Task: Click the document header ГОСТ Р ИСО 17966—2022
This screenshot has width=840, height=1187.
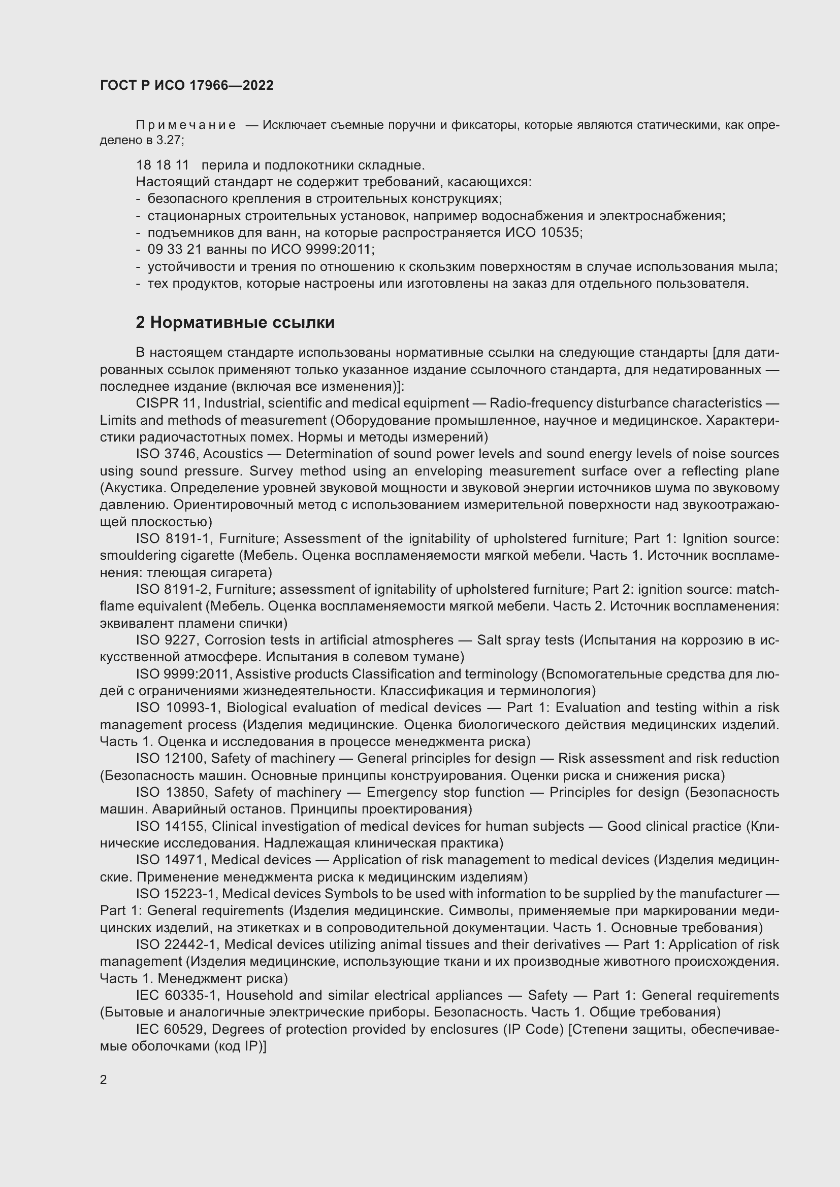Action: pyautogui.click(x=187, y=85)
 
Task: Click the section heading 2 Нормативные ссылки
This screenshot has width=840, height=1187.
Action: pyautogui.click(x=235, y=323)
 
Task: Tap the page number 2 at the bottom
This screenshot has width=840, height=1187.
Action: pyautogui.click(x=104, y=1079)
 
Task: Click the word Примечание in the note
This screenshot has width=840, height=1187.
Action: pyautogui.click(x=186, y=125)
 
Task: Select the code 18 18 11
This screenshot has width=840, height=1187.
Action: pyautogui.click(x=163, y=165)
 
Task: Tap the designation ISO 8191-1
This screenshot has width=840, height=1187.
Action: pyautogui.click(x=171, y=539)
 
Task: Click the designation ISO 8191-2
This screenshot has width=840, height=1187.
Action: pyautogui.click(x=171, y=589)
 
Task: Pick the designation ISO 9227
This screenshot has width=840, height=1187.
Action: pyautogui.click(x=166, y=640)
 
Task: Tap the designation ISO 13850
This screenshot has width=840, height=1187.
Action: pyautogui.click(x=171, y=793)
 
